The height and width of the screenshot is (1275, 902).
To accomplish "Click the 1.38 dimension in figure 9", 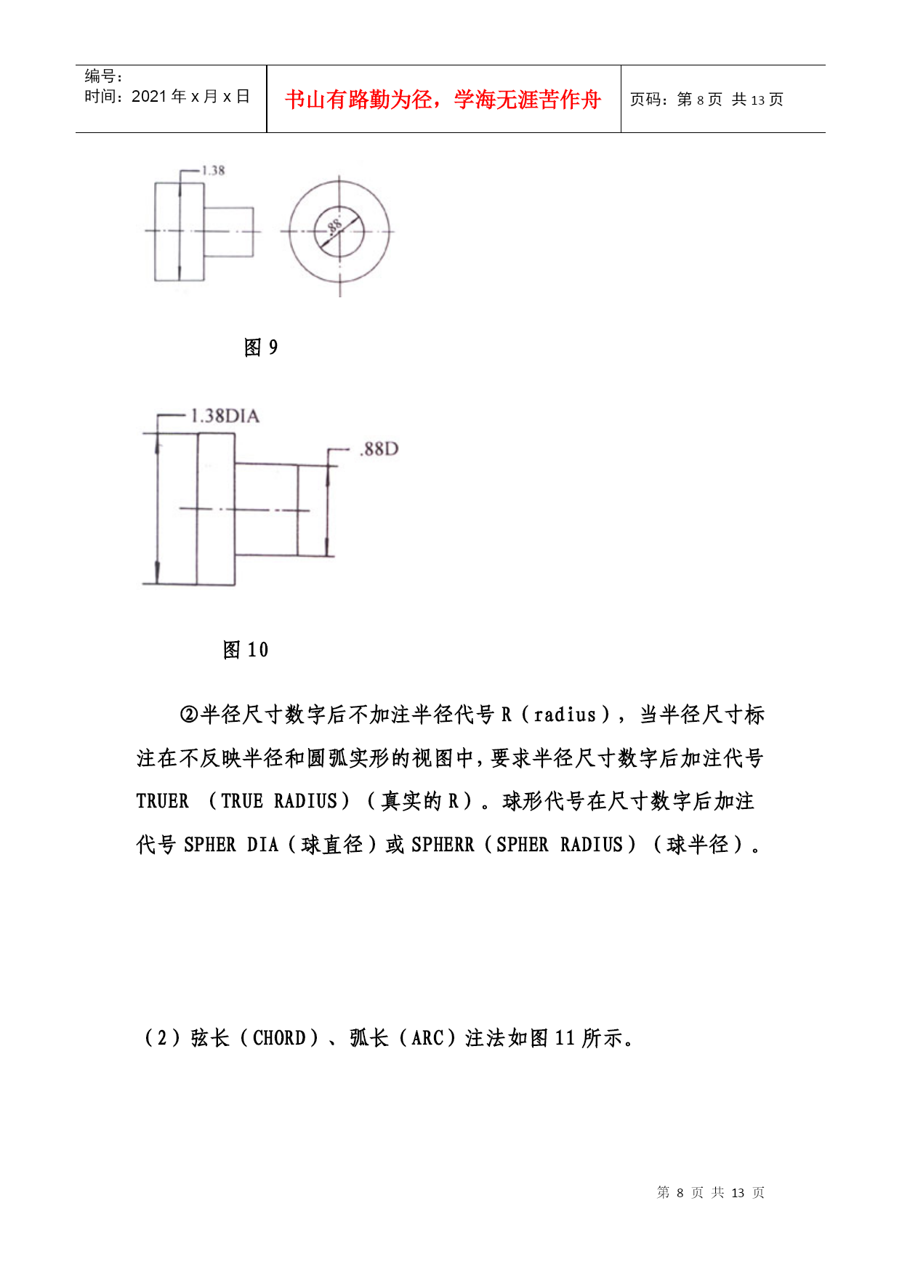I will point(213,171).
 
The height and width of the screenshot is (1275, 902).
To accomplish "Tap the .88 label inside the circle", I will point(334,226).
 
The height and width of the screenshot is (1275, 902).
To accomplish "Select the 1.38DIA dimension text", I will point(225,417).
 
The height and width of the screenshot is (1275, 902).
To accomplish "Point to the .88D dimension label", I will point(379,449).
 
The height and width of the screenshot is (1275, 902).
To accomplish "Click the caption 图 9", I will point(260,347).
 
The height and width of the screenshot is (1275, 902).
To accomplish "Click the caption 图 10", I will point(245,650).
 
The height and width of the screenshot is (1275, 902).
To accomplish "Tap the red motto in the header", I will point(443,100).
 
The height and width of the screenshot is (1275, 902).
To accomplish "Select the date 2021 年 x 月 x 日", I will point(190,97).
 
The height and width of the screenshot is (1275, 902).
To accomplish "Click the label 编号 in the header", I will point(101,76).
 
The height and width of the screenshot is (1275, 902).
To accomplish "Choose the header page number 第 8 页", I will point(699,100).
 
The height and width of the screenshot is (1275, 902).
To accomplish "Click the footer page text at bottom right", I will point(710,1193).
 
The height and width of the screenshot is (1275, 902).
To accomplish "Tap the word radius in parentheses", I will point(565,715).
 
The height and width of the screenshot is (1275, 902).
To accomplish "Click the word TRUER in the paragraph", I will point(162,802).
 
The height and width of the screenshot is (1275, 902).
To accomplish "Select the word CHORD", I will point(279,1038).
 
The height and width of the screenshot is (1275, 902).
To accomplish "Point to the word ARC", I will point(427,1038).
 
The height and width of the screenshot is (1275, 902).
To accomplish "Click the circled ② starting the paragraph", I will point(188,715).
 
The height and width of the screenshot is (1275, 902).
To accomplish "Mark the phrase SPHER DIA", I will point(231,845).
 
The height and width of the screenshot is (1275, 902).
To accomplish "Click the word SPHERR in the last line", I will point(442,845).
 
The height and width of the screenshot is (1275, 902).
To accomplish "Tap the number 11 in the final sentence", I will point(565,1038).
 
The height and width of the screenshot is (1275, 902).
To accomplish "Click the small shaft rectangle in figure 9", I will point(228,232).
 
